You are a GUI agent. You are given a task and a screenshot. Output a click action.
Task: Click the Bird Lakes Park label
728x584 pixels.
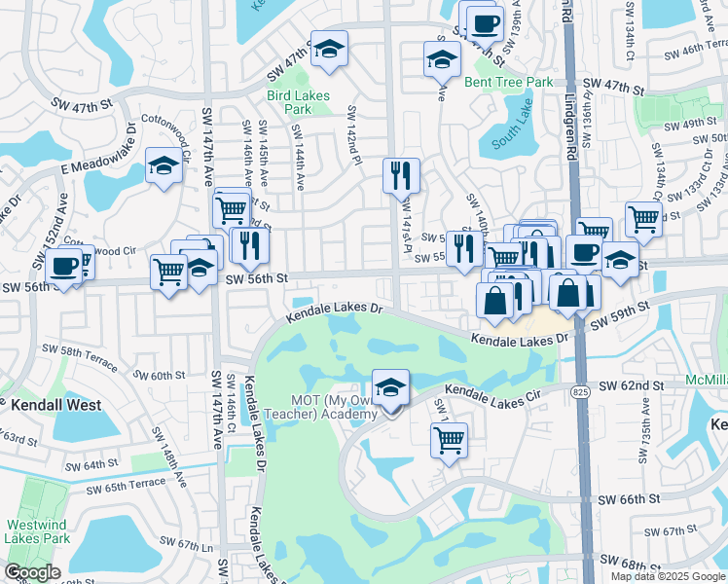[298, 102]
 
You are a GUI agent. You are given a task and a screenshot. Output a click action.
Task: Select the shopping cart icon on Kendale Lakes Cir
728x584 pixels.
[449, 440]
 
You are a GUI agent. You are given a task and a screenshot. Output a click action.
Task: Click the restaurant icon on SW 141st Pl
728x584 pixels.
[401, 176]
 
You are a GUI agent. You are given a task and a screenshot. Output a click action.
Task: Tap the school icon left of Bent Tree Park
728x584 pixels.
[442, 59]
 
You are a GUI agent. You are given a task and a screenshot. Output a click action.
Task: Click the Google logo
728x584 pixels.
[32, 572]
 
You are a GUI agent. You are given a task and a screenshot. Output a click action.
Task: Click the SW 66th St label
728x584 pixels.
[629, 498]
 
